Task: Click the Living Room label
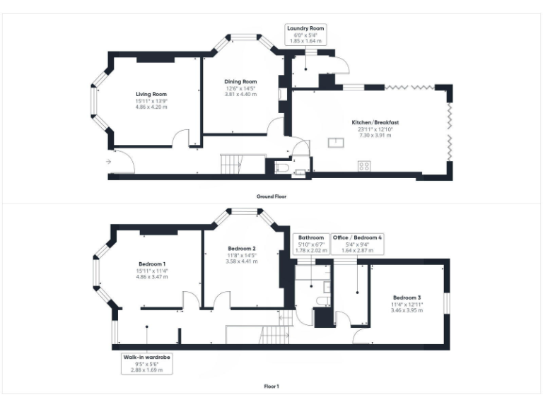[151, 94]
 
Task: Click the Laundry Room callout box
[305, 35]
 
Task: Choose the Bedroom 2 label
[241, 249]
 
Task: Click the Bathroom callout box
[311, 244]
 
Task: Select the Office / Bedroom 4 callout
[357, 244]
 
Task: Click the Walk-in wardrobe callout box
[147, 363]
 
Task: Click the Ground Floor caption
[271, 196]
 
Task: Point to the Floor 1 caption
[271, 387]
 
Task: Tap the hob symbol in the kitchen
[365, 167]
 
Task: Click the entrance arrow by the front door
[107, 162]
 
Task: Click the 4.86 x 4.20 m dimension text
[151, 107]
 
